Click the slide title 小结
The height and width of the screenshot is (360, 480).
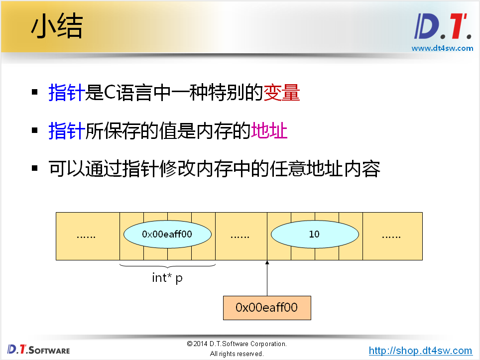tap(57, 28)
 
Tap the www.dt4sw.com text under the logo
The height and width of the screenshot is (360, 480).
tap(442, 48)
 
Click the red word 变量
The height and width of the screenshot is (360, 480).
tap(281, 93)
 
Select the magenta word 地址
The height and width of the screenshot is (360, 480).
tap(269, 131)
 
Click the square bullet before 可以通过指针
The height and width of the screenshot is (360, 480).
tap(35, 169)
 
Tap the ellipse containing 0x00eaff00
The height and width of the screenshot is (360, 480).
tap(167, 234)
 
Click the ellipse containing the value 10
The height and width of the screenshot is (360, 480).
tap(314, 234)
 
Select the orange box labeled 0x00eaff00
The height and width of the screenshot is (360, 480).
tap(267, 308)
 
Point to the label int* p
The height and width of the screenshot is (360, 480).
tap(167, 278)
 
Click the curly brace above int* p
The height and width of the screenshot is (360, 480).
tap(167, 266)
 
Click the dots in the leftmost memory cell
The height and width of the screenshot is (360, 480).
tap(86, 236)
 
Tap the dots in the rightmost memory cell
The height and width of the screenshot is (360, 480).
tap(391, 236)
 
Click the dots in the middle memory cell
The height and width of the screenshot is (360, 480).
tap(240, 236)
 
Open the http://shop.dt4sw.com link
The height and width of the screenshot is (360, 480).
tap(420, 351)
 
